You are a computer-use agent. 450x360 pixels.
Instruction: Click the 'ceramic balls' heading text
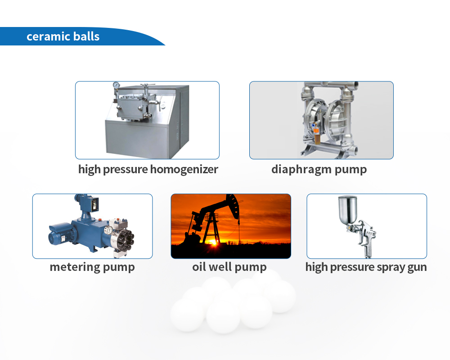pos(63,36)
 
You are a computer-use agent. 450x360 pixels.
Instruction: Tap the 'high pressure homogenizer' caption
pos(148,169)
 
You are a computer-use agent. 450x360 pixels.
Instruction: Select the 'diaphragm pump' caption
pos(319,169)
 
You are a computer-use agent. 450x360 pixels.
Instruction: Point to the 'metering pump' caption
pos(92,267)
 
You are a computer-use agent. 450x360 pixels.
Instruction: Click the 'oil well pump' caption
pos(229,267)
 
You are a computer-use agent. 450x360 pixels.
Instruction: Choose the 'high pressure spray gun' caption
pos(366,267)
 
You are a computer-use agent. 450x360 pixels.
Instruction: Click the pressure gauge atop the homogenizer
pos(116,85)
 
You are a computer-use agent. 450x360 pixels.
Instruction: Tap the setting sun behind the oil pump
pos(213,242)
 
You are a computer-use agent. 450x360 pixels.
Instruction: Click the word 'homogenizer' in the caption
pos(184,169)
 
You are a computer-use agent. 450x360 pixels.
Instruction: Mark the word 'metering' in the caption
pos(75,267)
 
